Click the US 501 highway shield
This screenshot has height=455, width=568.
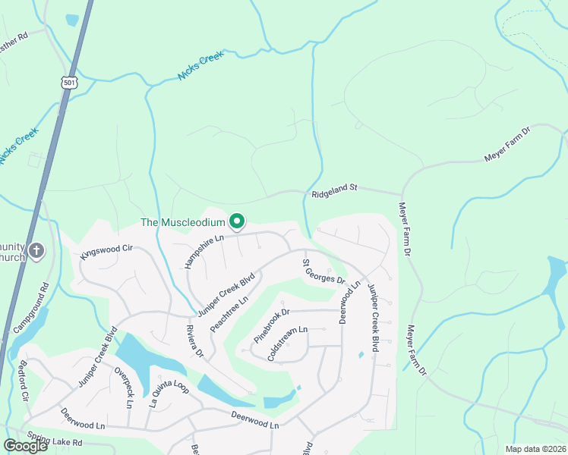[70, 81]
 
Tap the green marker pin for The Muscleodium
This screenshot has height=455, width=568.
[237, 221]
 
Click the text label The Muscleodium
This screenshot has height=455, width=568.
[183, 222]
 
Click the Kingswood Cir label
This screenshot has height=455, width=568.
[106, 252]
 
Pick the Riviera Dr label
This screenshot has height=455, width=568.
[196, 341]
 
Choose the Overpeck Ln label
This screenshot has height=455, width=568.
[123, 388]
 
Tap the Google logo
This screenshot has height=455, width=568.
[25, 445]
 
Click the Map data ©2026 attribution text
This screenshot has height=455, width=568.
[535, 449]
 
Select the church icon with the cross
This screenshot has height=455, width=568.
[36, 250]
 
